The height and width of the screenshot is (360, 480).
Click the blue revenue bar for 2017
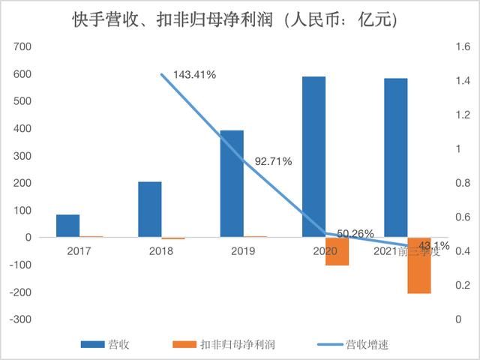coord(67,226)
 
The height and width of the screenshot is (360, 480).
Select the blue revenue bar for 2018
coord(150,209)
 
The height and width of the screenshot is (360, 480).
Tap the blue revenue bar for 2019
coord(232,184)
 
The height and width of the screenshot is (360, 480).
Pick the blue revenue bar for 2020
coord(314,157)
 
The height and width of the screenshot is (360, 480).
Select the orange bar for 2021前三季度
coord(419,265)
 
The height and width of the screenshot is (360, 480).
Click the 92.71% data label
coord(273,160)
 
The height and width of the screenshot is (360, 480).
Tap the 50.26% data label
coord(355,234)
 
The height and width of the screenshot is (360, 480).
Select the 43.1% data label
coord(433,245)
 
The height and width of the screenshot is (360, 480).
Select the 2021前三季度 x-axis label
coord(405,252)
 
